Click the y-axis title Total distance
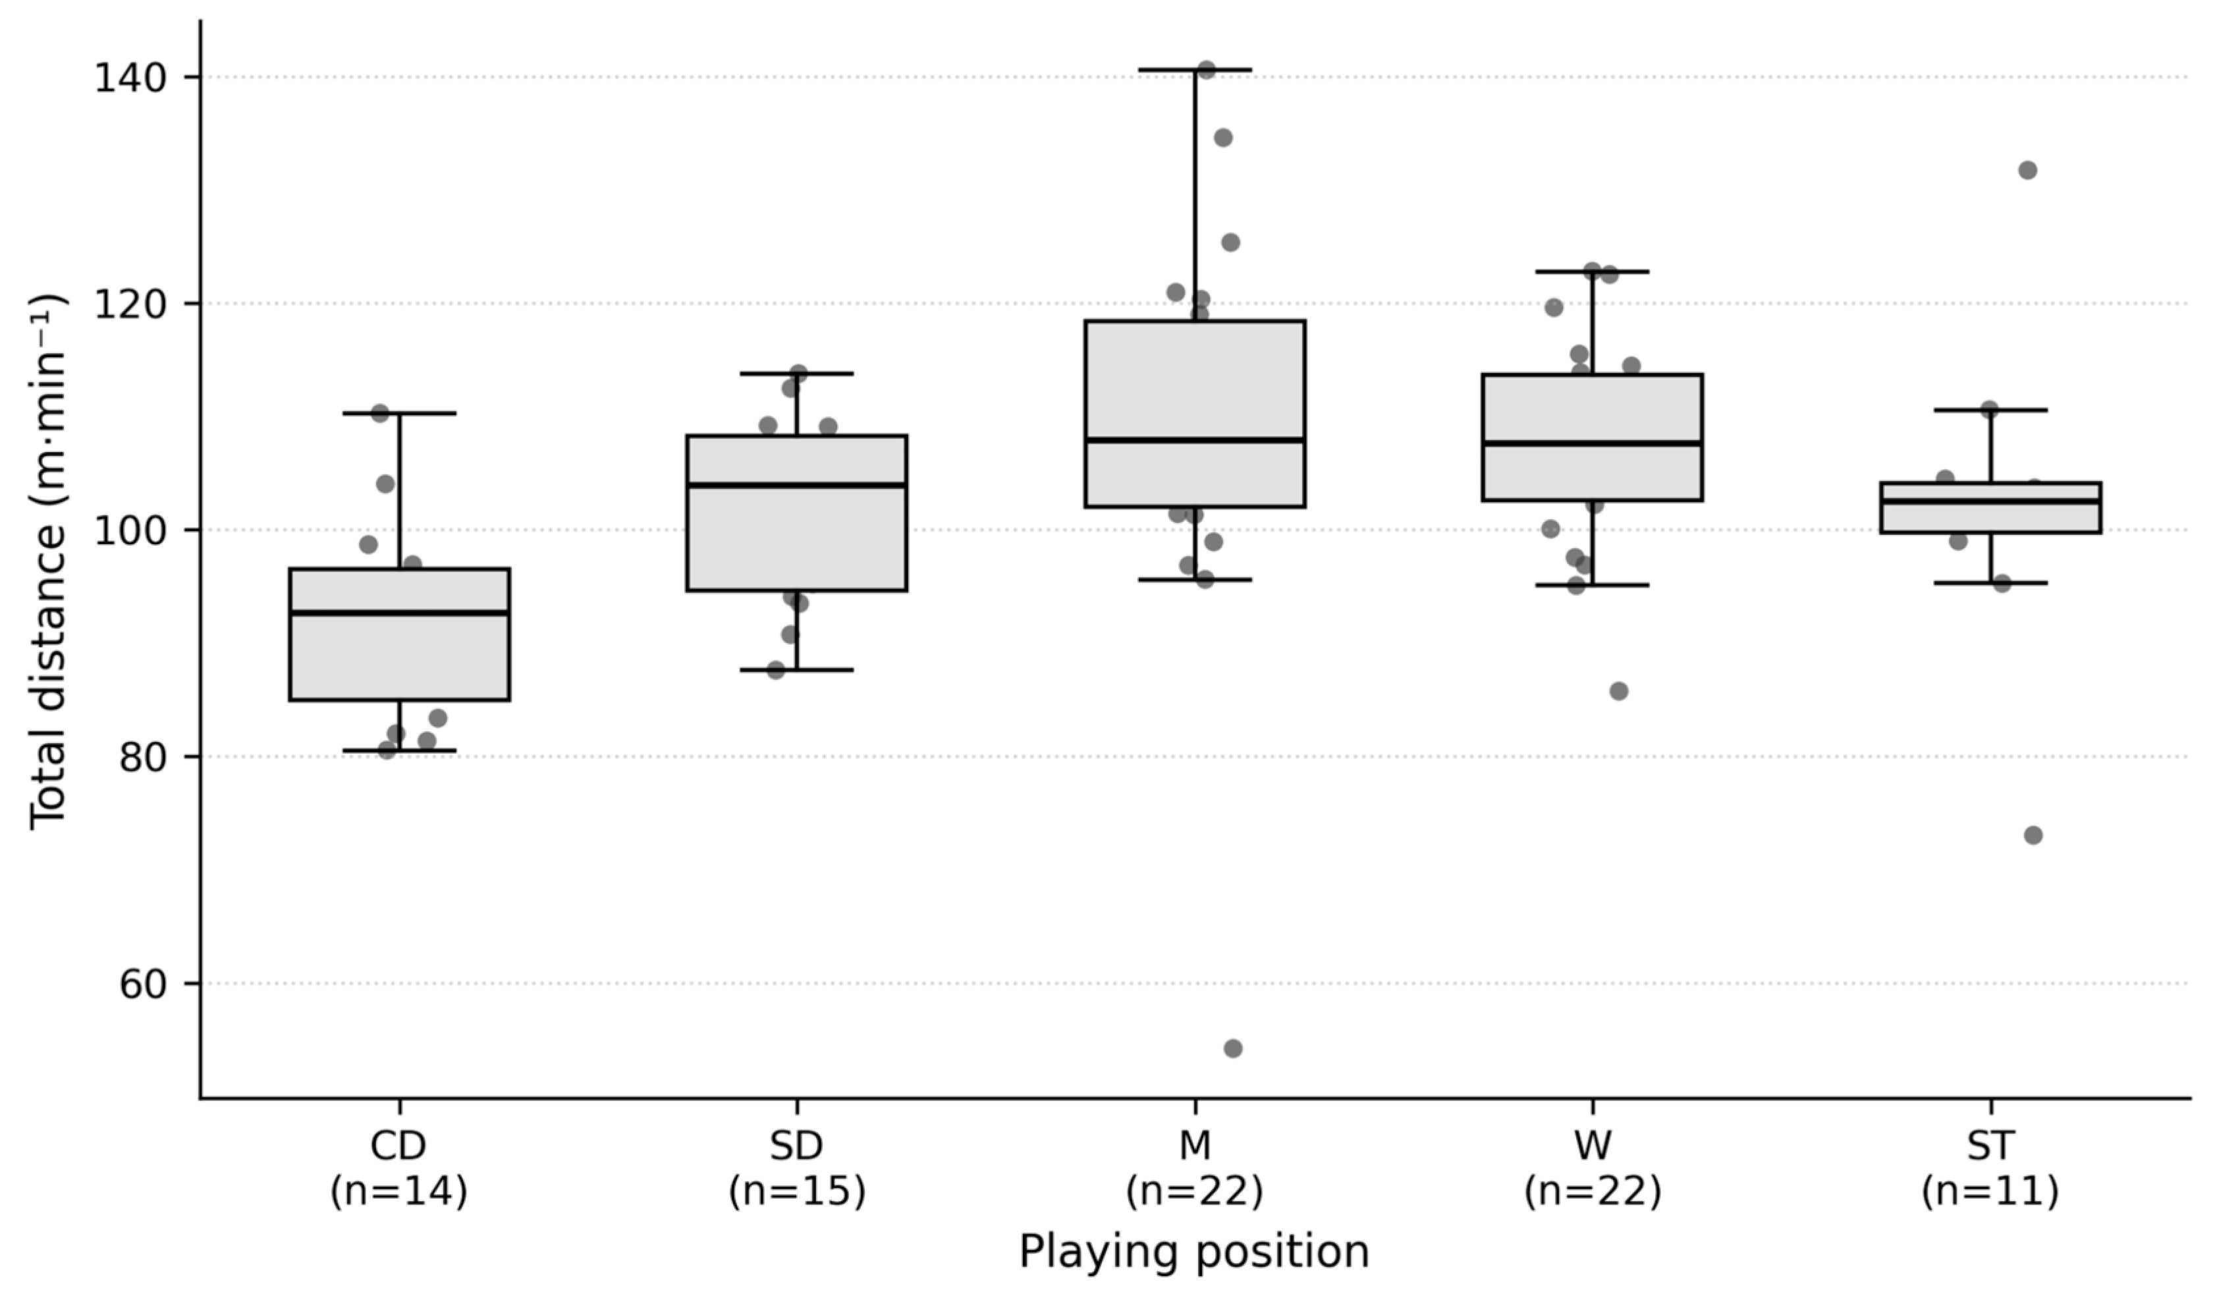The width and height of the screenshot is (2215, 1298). click(x=47, y=561)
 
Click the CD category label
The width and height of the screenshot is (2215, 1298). click(x=399, y=1146)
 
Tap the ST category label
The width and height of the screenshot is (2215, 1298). click(x=1990, y=1146)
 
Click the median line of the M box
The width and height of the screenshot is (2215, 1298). click(x=1195, y=439)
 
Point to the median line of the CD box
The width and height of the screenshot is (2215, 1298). click(x=399, y=612)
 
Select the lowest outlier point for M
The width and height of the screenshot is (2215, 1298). click(x=1232, y=1048)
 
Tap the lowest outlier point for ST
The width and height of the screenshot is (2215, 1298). click(x=2033, y=835)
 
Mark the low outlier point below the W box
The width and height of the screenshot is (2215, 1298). click(x=1618, y=691)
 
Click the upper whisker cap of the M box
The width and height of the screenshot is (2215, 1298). click(x=1195, y=69)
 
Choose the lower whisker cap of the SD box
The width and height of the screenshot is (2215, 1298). click(x=796, y=670)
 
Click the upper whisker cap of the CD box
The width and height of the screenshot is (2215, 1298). click(x=399, y=413)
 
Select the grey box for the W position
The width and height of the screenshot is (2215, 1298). click(x=1592, y=438)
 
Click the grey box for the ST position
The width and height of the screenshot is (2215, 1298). click(x=1990, y=507)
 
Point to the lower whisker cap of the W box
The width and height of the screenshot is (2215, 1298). click(x=1592, y=585)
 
